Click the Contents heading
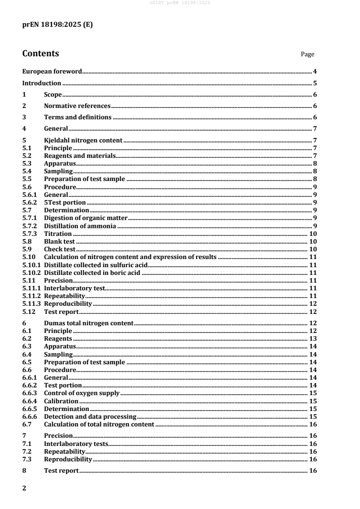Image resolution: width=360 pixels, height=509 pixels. (x=40, y=54)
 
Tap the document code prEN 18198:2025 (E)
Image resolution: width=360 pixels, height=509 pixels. (x=58, y=25)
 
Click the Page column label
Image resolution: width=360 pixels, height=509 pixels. (x=307, y=54)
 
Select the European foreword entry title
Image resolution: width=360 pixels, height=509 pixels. (x=52, y=71)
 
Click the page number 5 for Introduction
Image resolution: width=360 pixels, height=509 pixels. (x=315, y=83)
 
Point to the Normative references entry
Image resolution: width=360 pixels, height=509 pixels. (x=77, y=106)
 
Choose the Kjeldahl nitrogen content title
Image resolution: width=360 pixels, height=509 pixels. (x=83, y=140)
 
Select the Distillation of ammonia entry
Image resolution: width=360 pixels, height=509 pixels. (x=80, y=225)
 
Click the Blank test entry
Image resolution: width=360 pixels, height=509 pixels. (x=59, y=241)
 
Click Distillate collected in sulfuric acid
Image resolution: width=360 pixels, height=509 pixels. (x=96, y=264)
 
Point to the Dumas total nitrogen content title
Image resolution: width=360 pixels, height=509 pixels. (x=89, y=323)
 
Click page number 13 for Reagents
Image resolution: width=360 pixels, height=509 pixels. (x=313, y=338)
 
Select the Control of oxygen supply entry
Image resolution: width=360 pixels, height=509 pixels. (x=82, y=393)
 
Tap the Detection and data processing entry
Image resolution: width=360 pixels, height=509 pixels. (x=90, y=416)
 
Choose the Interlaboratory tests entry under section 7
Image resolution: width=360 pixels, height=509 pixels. (x=76, y=444)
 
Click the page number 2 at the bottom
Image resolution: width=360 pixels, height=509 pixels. (x=25, y=488)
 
